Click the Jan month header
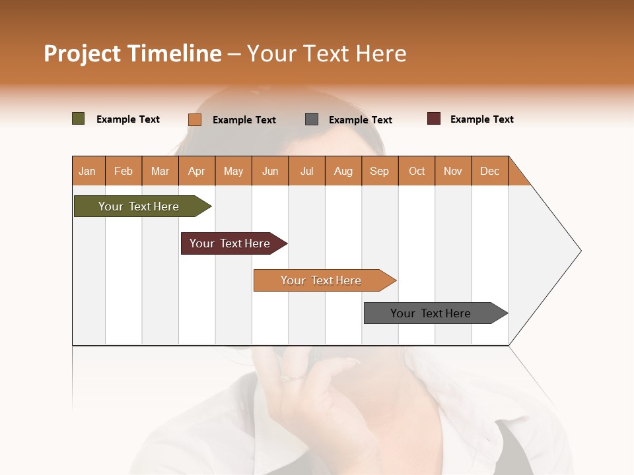pos(88,171)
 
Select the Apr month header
pos(197,171)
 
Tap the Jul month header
pos(306,171)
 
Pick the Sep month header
pos(380,171)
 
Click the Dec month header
pos(489,171)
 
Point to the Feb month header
pos(123,171)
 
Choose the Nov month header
pos(453,171)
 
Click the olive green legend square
pos(78,119)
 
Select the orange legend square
pos(195,119)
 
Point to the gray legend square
pos(312,119)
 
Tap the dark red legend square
pos(434,119)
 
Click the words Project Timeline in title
pos(132,53)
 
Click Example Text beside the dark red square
pos(481,119)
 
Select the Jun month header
pos(270,171)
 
